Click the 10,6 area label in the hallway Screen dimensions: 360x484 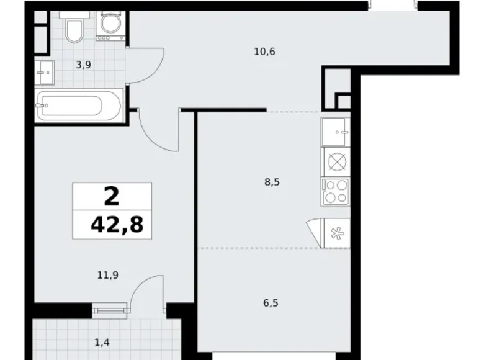tap(264, 52)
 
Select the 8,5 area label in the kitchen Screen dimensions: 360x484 tap(272, 182)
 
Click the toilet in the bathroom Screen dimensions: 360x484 tap(74, 29)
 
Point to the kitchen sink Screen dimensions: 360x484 tap(336, 131)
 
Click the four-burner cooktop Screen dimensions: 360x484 tap(336, 191)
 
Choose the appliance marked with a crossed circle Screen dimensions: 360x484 tap(336, 161)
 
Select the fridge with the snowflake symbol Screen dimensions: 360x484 tap(336, 233)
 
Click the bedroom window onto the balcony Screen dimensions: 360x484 tap(110, 307)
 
